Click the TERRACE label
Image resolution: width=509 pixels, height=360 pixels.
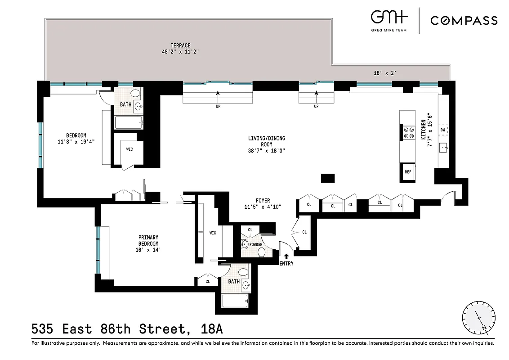pyautogui.click(x=180, y=45)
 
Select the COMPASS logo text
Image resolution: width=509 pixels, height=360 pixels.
pyautogui.click(x=464, y=21)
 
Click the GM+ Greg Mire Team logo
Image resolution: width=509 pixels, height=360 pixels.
pyautogui.click(x=389, y=20)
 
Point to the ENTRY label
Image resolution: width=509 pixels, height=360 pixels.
pyautogui.click(x=286, y=263)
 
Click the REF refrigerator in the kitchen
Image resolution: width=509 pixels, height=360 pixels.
pyautogui.click(x=408, y=172)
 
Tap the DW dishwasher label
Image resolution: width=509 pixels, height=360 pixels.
pyautogui.click(x=442, y=130)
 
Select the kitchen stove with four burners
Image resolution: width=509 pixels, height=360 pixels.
pyautogui.click(x=409, y=131)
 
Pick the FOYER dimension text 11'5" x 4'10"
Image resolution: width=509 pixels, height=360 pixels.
pyautogui.click(x=262, y=207)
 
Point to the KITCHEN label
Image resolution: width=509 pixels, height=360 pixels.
pyautogui.click(x=424, y=130)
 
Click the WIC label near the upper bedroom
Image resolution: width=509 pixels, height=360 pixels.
pyautogui.click(x=129, y=149)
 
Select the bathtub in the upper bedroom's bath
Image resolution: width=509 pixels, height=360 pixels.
pyautogui.click(x=129, y=122)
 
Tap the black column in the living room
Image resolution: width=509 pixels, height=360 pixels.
pyautogui.click(x=327, y=178)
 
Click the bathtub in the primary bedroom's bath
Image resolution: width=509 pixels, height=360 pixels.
pyautogui.click(x=235, y=301)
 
